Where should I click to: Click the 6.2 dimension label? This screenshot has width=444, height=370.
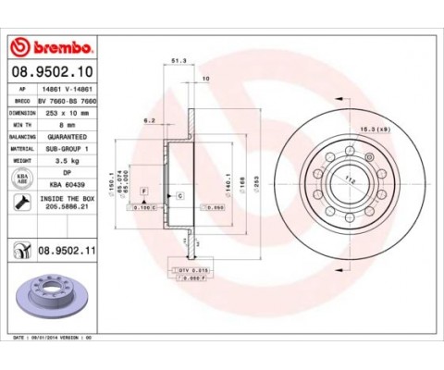(148, 120)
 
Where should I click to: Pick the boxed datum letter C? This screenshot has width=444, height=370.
(179, 195)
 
